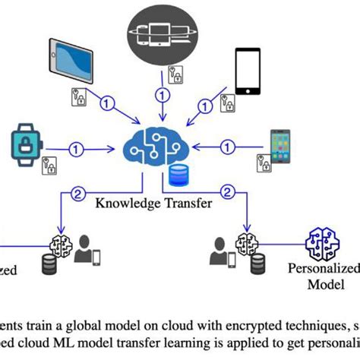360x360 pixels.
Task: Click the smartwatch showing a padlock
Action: [24, 145]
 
